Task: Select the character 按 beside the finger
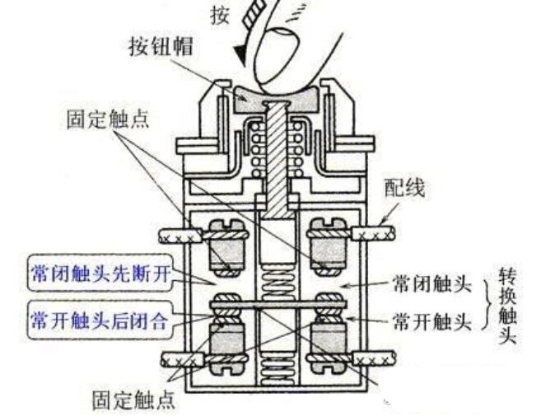pyautogui.click(x=218, y=16)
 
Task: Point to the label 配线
pyautogui.click(x=404, y=188)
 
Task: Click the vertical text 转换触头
pyautogui.click(x=509, y=305)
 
